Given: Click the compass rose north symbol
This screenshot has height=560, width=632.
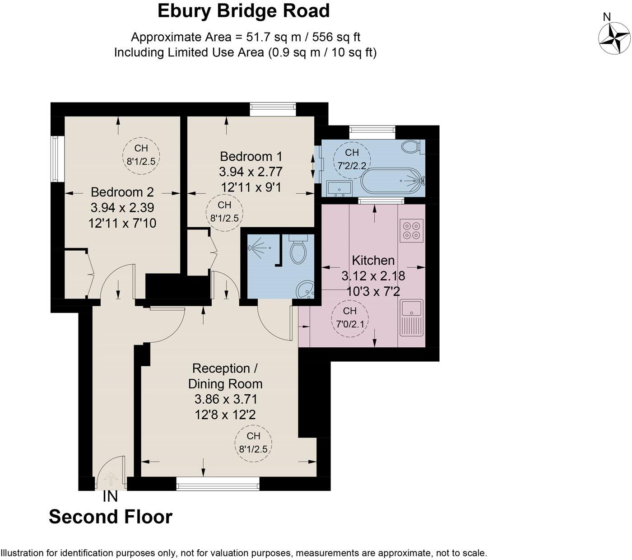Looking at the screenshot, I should (x=614, y=36).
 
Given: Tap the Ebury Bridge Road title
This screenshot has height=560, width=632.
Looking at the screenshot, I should (x=243, y=11).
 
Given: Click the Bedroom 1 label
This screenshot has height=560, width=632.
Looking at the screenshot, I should (x=251, y=157).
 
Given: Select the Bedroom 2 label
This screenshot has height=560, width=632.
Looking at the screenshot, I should (x=122, y=192).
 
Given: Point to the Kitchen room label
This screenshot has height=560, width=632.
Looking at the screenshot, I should (x=373, y=260).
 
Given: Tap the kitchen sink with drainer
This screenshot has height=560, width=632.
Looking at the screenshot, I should (x=411, y=318).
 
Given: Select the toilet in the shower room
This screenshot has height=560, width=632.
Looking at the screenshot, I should (x=298, y=250).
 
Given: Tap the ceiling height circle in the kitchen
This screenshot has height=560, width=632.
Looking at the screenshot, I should (x=350, y=317).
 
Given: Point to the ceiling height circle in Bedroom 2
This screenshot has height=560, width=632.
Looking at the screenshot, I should (x=141, y=154).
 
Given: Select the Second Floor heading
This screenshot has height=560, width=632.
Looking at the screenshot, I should (x=111, y=517).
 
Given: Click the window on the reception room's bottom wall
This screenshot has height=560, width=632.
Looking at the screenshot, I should (x=218, y=486).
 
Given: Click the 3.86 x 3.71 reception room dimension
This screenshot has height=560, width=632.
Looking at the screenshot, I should (x=225, y=399).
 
